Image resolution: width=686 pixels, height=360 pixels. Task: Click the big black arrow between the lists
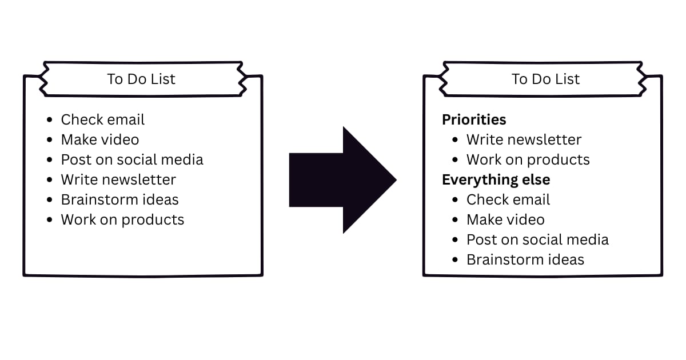(343, 180)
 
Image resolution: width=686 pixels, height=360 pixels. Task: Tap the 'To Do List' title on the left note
(141, 79)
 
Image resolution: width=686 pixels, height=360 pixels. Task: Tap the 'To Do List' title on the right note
(545, 79)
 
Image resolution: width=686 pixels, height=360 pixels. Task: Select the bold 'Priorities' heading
(474, 119)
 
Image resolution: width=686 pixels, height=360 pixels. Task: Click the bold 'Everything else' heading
(496, 179)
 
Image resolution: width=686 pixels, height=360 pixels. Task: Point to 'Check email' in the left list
(103, 119)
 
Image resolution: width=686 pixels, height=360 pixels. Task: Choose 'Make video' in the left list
(100, 139)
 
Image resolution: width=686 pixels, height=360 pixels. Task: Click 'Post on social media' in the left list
(132, 159)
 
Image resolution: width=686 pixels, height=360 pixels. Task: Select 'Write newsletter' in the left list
(118, 179)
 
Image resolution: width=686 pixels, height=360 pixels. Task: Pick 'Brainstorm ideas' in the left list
(120, 199)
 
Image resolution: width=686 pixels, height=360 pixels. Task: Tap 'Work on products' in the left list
(122, 219)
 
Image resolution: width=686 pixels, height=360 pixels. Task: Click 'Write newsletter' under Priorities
(524, 139)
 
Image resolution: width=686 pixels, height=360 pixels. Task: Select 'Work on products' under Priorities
(528, 159)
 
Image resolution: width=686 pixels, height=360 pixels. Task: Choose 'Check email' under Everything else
(508, 199)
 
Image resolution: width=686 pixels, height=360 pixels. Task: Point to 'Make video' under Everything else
(505, 219)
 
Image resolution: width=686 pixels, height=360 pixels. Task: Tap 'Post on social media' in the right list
(537, 239)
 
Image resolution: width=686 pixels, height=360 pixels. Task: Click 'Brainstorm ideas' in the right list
(525, 259)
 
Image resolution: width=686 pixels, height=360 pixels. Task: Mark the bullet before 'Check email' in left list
(50, 120)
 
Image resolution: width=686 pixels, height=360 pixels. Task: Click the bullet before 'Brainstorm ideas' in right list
(455, 260)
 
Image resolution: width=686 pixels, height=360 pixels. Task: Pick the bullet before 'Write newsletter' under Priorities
(455, 140)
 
